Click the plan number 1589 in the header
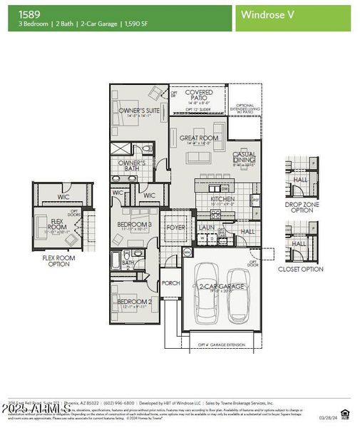click(x=29, y=13)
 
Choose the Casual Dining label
click(x=245, y=157)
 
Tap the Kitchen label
click(x=222, y=198)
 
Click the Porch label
click(x=171, y=282)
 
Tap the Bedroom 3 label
click(x=135, y=225)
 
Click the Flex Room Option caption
click(x=55, y=260)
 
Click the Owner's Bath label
click(x=131, y=165)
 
